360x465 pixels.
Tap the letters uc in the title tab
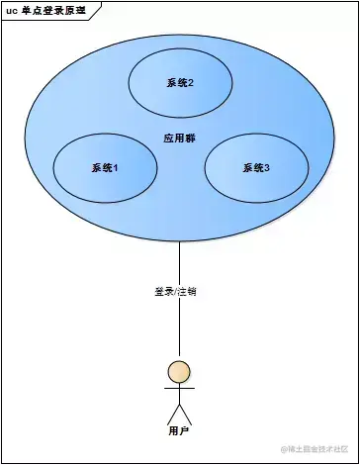[x=13, y=9]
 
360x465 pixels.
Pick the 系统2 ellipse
[x=180, y=83]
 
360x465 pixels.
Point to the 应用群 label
[x=179, y=138]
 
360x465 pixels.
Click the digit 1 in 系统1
[x=116, y=168]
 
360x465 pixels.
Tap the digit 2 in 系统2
[x=190, y=84]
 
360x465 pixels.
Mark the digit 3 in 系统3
[x=268, y=168]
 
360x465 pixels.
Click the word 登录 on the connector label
[x=163, y=292]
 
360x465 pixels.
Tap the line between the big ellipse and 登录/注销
[x=179, y=262]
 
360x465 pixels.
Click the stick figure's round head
[x=179, y=372]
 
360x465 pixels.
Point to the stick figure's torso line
[x=179, y=397]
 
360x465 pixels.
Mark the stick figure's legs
[x=179, y=414]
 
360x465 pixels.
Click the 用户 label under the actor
[x=179, y=432]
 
